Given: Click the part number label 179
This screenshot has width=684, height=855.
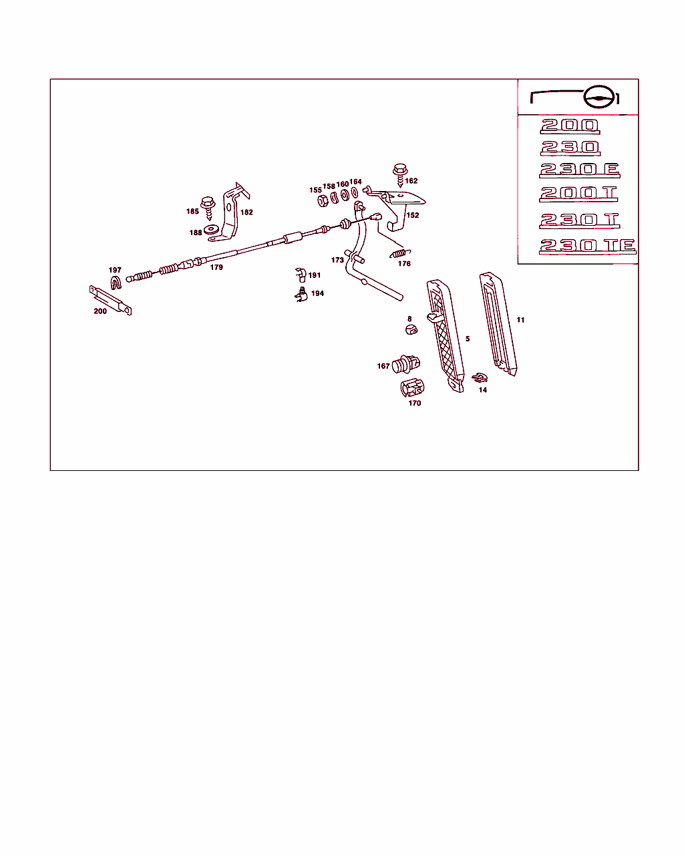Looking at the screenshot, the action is click(216, 267).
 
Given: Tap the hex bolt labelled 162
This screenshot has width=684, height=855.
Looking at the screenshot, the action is click(400, 175).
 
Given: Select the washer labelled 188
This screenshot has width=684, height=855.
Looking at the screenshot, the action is click(210, 229).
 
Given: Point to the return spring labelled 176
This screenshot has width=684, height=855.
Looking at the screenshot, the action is click(400, 253).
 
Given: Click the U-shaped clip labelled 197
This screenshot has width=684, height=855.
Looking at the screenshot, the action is click(116, 282).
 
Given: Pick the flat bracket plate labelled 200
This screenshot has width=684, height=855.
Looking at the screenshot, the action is click(110, 300).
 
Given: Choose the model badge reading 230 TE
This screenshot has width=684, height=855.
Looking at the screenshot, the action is click(587, 246).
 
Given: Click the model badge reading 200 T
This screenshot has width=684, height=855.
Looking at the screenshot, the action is click(578, 194).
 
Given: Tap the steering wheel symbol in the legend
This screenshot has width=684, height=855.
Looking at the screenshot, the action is click(599, 97).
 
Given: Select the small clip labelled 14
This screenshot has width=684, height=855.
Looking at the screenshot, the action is click(480, 377).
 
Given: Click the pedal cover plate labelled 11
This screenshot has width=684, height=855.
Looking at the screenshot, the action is click(498, 324).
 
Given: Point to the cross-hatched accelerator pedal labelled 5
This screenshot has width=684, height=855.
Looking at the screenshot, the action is click(445, 336).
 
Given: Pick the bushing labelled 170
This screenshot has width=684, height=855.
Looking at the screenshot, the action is click(412, 388).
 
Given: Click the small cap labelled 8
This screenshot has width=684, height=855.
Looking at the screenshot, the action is click(411, 329).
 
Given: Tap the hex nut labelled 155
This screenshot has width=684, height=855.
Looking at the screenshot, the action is click(323, 200).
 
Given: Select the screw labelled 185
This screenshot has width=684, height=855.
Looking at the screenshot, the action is click(208, 208).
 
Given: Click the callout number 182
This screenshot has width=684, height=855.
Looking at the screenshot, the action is click(246, 212).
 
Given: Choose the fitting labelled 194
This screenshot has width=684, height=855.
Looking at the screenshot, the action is click(301, 295).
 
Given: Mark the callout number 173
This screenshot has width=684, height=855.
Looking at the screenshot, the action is click(337, 260).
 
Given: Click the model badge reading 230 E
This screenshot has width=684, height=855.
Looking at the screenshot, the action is click(580, 170).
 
